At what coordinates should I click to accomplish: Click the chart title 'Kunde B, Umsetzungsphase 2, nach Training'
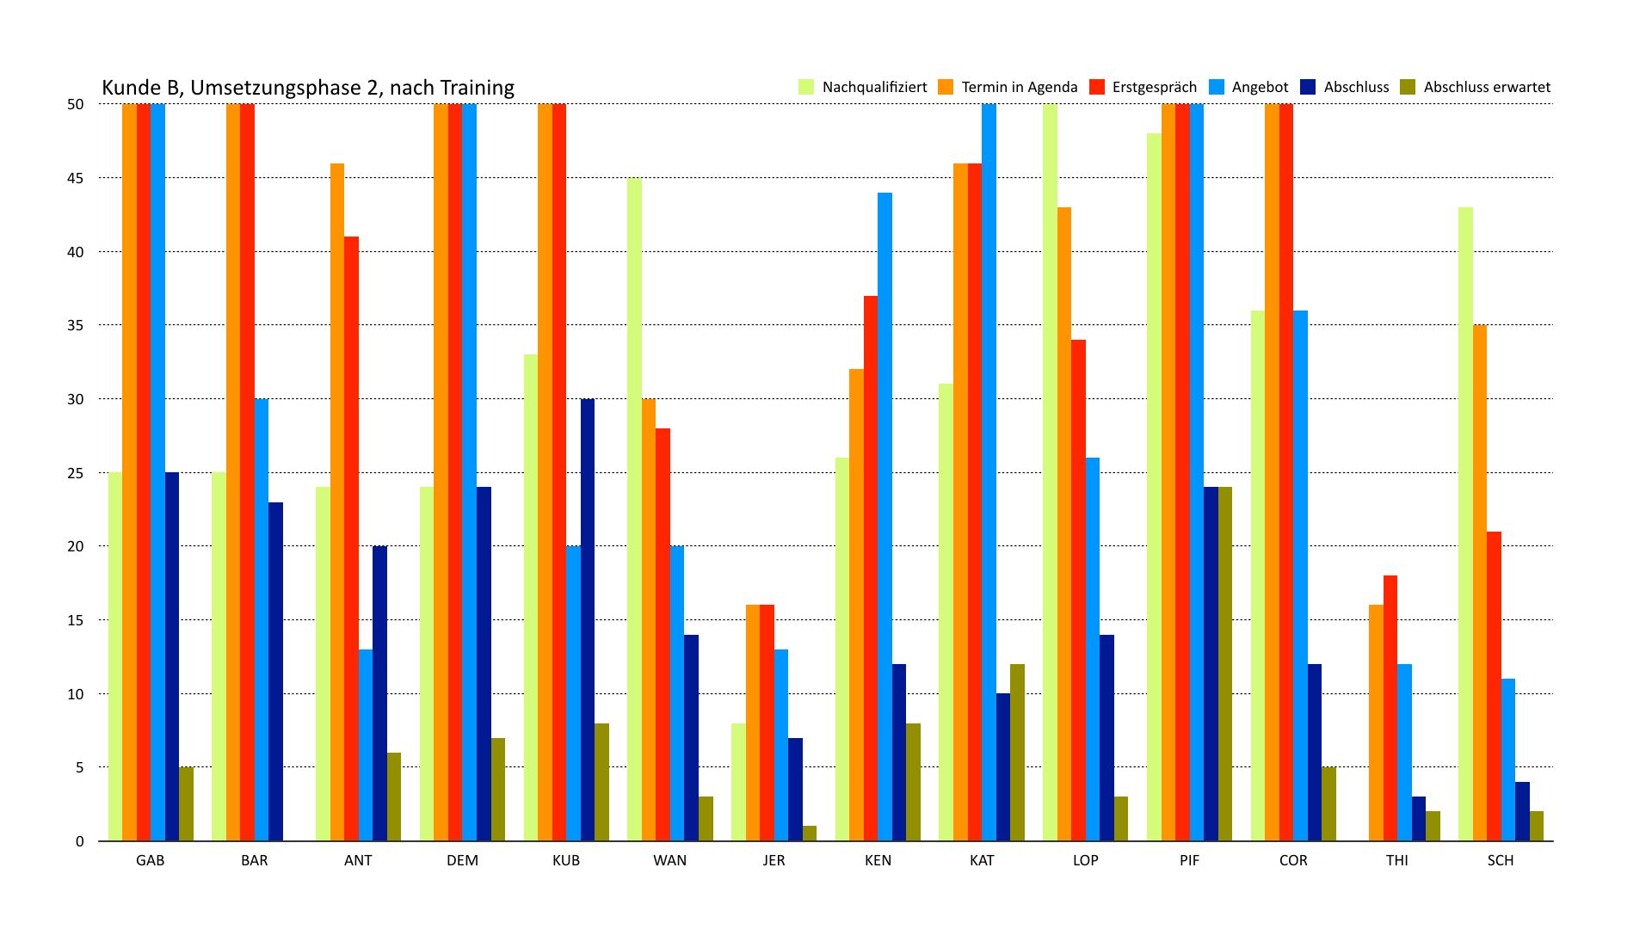(x=308, y=88)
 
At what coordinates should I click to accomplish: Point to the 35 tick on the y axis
(x=77, y=325)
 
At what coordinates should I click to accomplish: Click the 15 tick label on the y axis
(x=77, y=620)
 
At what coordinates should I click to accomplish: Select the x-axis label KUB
(x=566, y=860)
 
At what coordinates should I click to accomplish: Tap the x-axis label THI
(x=1397, y=860)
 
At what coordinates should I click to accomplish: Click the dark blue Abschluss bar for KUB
(x=588, y=619)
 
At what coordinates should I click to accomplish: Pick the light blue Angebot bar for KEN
(x=885, y=516)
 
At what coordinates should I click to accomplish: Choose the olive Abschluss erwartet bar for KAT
(x=1017, y=753)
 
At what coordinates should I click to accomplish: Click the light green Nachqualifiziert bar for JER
(x=738, y=782)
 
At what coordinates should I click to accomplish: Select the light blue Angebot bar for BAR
(x=262, y=619)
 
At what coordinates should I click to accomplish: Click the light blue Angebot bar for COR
(x=1300, y=575)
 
